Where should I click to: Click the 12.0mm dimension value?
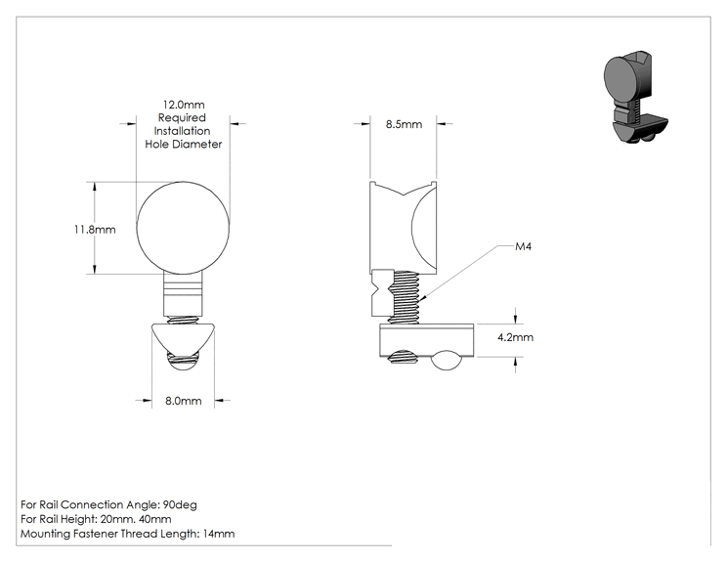pyautogui.click(x=184, y=105)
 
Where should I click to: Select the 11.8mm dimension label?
pyautogui.click(x=95, y=230)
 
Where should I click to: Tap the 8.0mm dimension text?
pyautogui.click(x=184, y=401)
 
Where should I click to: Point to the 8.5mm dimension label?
pyautogui.click(x=404, y=124)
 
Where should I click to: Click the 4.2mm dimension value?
pyautogui.click(x=516, y=337)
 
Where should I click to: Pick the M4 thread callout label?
pyautogui.click(x=524, y=246)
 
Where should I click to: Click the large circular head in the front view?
pyautogui.click(x=183, y=227)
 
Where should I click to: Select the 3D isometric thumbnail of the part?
pyautogui.click(x=636, y=98)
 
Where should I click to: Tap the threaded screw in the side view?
pyautogui.click(x=405, y=297)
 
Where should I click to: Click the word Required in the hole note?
pyautogui.click(x=182, y=118)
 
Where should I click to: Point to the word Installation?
pyautogui.click(x=182, y=131)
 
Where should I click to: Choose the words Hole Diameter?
pyautogui.click(x=184, y=145)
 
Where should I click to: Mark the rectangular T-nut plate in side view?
pyautogui.click(x=427, y=341)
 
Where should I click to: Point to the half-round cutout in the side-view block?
pyautogui.click(x=424, y=227)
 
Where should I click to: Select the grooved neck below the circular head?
pyautogui.click(x=183, y=293)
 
